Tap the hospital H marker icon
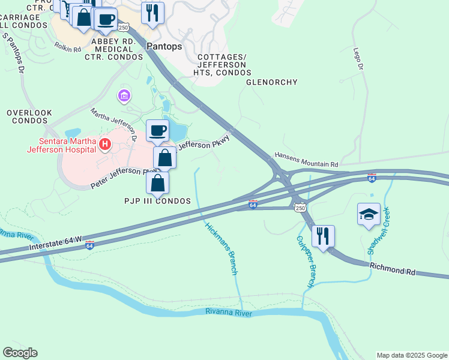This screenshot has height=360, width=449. (105, 144)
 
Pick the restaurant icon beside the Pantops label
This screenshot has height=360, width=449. (152, 12)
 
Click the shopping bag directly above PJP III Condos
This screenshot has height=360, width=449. (158, 182)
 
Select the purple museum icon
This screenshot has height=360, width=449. (124, 95)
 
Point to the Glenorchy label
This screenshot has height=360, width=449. (272, 83)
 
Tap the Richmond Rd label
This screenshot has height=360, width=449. (393, 268)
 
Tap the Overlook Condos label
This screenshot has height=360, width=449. (29, 116)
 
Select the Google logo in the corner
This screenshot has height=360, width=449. (20, 353)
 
